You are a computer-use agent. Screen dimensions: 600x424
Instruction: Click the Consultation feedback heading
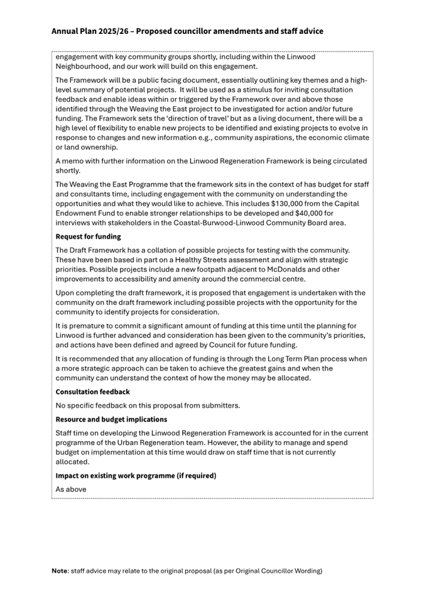pos(92,391)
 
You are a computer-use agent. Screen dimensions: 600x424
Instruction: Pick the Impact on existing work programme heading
pos(136,476)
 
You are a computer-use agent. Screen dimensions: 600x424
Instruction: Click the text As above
pos(71,489)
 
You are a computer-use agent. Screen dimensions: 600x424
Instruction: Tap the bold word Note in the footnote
pos(60,570)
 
